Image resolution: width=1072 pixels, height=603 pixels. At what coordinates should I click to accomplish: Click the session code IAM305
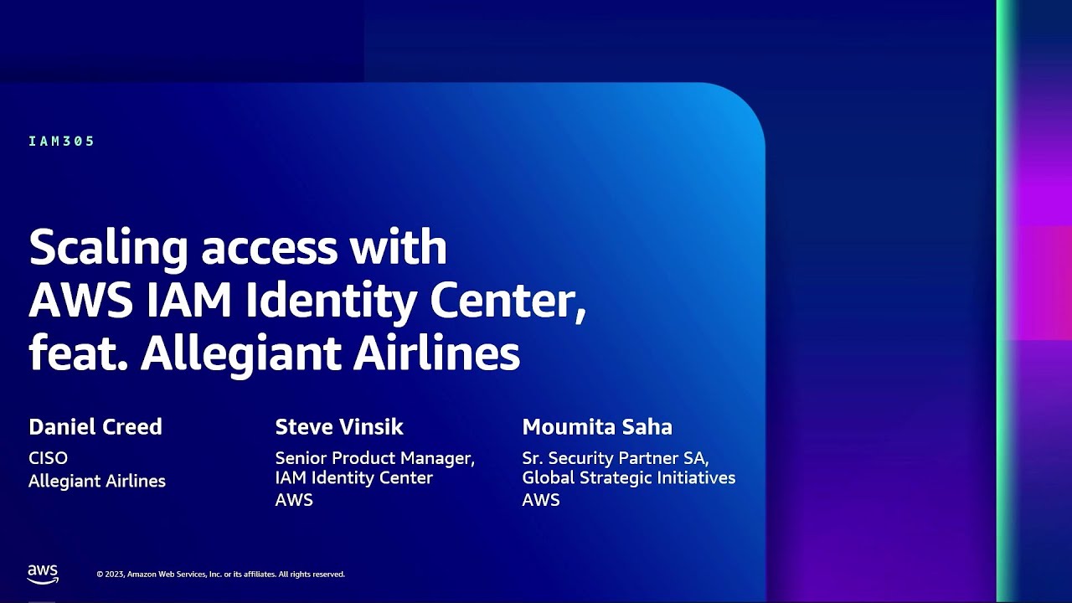coord(61,142)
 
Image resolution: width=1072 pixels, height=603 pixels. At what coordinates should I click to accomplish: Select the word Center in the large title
coord(508,301)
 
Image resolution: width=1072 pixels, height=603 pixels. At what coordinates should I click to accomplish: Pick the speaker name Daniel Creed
coord(95,427)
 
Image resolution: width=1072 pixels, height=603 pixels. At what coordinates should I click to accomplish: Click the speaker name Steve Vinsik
coord(339,427)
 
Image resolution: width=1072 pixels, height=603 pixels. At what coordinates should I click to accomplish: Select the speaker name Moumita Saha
coord(597,427)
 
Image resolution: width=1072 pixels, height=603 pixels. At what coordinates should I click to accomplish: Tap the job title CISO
coord(48,458)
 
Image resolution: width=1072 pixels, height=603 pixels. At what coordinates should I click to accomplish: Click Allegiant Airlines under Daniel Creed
coord(97,481)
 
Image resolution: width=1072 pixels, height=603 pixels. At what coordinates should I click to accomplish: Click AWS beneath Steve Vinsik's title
coord(294,500)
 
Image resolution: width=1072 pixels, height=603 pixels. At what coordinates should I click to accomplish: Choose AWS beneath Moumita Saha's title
coord(541,500)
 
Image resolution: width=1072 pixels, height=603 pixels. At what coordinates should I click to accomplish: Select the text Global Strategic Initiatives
coord(629,477)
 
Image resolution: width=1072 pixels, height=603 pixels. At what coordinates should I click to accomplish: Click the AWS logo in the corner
coord(43,575)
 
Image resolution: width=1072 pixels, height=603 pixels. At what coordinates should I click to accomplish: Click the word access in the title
coord(270,250)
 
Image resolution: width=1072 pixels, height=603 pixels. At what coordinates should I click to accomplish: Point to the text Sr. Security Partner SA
coord(616,458)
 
